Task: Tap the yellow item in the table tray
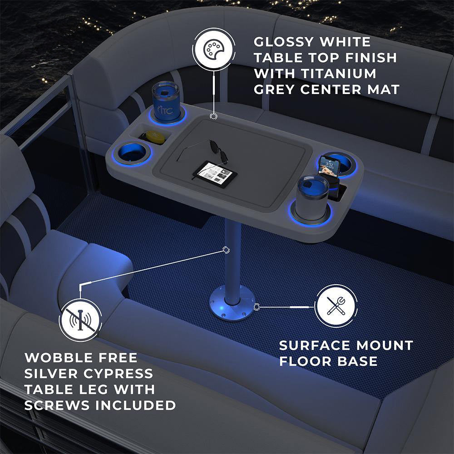pyautogui.click(x=155, y=137)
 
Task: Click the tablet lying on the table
pyautogui.click(x=215, y=174)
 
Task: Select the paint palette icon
pyautogui.click(x=214, y=49)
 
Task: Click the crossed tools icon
pyautogui.click(x=336, y=306)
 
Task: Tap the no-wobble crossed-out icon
pyautogui.click(x=80, y=320)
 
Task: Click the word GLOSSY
pyautogui.click(x=283, y=42)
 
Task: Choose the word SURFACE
pyautogui.click(x=315, y=345)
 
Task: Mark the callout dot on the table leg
pyautogui.click(x=226, y=250)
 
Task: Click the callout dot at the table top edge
pyautogui.click(x=214, y=116)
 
